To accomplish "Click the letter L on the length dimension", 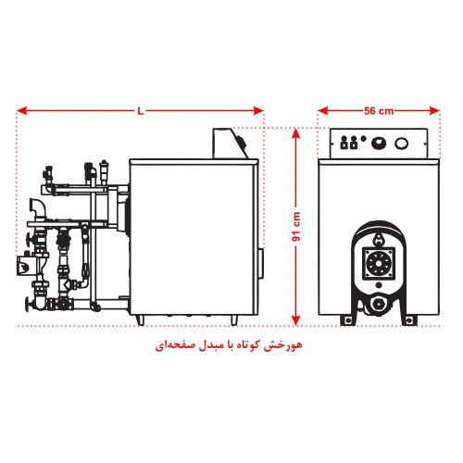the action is tap(141, 111).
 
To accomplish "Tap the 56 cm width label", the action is tap(379, 111).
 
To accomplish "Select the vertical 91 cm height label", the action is tap(295, 227).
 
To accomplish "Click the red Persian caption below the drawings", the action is tap(229, 344).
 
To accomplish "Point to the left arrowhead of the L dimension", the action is tap(21, 110).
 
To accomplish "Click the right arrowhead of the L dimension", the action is tap(258, 110).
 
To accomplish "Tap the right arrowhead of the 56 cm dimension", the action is tap(435, 110).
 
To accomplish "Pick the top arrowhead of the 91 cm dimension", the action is tap(295, 134).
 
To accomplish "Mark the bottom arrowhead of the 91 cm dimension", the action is tap(295, 320).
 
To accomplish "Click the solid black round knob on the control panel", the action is tap(379, 143).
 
